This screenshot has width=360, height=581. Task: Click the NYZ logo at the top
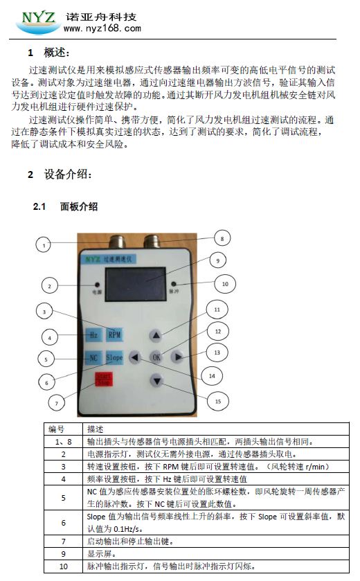(39, 21)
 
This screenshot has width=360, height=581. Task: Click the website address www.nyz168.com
(102, 28)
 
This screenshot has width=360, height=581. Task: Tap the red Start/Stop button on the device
(103, 379)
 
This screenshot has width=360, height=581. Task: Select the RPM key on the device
(114, 335)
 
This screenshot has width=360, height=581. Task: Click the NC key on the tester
(93, 358)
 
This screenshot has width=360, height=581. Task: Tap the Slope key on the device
(114, 357)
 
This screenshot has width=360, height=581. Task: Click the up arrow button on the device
(156, 335)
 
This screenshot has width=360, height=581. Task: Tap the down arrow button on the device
(156, 381)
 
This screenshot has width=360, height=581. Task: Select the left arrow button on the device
(135, 357)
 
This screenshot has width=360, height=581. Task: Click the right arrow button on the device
(178, 357)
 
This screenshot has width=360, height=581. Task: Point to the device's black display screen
(135, 283)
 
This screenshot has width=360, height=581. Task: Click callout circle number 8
(222, 239)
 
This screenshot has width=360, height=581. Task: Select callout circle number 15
(218, 401)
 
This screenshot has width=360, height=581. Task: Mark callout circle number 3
(44, 312)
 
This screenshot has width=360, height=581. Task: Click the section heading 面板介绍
(79, 206)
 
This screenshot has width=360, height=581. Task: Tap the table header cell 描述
(95, 429)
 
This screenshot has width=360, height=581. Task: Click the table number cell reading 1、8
(63, 442)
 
